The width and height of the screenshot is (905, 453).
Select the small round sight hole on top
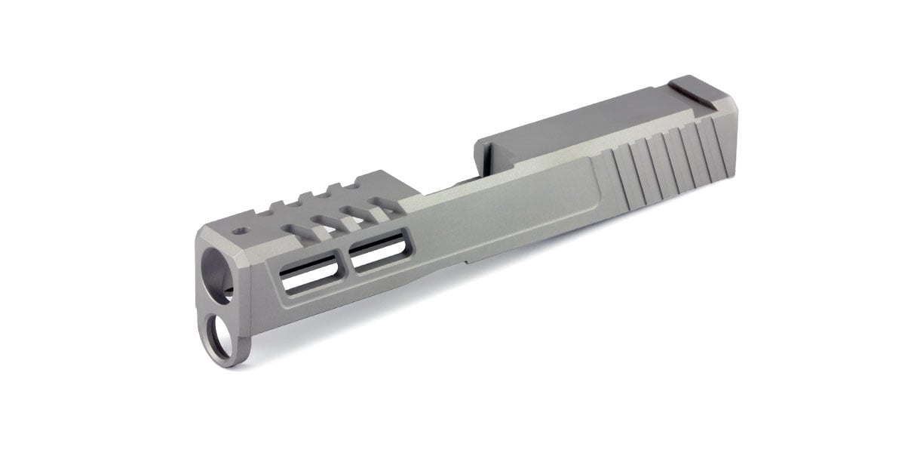[x=241, y=230]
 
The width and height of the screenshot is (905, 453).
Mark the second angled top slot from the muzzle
[x=327, y=218]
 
